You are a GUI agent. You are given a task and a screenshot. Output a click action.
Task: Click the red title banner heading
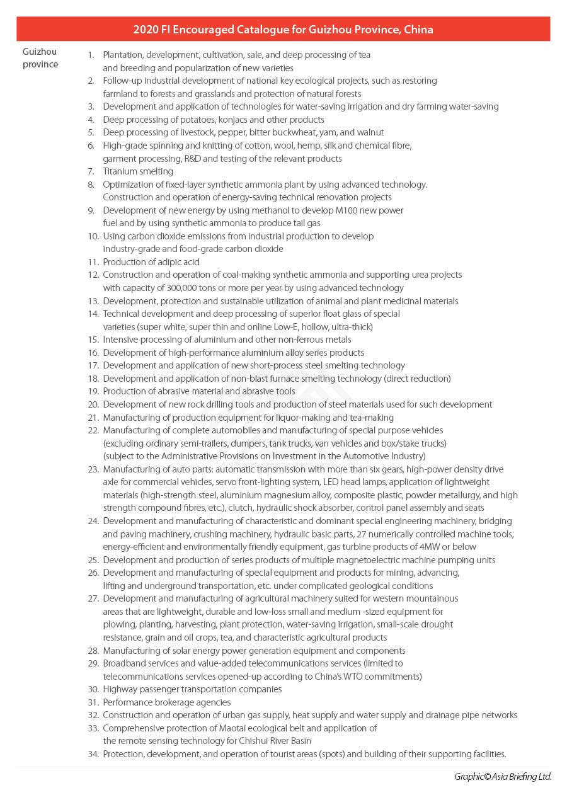point(283,30)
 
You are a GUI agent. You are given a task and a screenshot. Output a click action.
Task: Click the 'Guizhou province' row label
point(40,58)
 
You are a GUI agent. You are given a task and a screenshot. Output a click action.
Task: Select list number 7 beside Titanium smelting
point(91,171)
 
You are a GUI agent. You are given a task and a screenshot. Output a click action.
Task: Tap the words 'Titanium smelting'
point(138,171)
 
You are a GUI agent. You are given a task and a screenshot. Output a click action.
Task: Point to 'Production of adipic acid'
point(151,262)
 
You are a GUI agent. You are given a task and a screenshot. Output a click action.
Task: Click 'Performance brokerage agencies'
point(167,702)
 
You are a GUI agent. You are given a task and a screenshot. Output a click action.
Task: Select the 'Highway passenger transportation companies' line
point(192,689)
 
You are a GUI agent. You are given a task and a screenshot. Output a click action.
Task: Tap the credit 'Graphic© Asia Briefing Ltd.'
point(503,777)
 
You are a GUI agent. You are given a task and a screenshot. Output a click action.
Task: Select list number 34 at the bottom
point(93,754)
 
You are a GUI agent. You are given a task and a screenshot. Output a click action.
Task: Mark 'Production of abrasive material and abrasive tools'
point(199,391)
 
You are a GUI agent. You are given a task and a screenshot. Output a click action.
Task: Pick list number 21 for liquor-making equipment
point(93,418)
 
